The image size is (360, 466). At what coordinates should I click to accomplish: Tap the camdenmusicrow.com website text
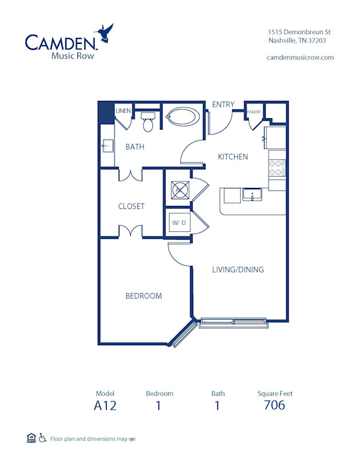pos(299,57)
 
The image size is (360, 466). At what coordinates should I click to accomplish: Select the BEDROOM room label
pos(143,295)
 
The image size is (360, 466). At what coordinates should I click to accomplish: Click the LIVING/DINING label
pos(238,270)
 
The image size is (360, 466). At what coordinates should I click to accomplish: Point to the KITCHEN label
pos(233,157)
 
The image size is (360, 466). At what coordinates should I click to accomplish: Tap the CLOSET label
pos(131,206)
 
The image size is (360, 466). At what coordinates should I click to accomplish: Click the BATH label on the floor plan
pos(134,147)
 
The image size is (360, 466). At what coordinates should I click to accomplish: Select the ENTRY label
pos(223,104)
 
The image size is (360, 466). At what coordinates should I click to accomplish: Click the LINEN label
pos(123,111)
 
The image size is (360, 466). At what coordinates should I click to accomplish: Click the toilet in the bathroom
pos(148,121)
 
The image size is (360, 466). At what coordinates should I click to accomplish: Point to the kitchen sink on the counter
pos(251,195)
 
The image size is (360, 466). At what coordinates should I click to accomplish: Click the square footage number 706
pos(274,405)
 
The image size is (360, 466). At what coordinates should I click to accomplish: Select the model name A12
pos(105,405)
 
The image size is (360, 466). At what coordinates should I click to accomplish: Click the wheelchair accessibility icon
pos(43,438)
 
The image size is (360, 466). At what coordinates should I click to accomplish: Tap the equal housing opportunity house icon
pos(31,438)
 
